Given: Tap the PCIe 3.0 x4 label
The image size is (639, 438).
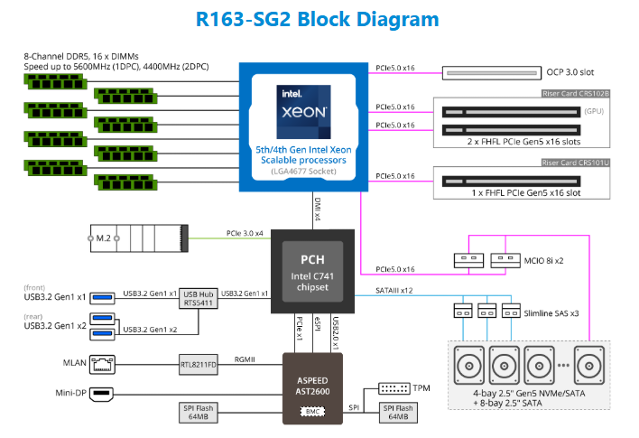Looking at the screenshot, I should click(x=245, y=233).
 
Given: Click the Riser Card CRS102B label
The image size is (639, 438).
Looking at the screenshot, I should click(x=575, y=93).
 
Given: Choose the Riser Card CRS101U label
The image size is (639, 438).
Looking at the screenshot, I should click(x=575, y=163).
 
